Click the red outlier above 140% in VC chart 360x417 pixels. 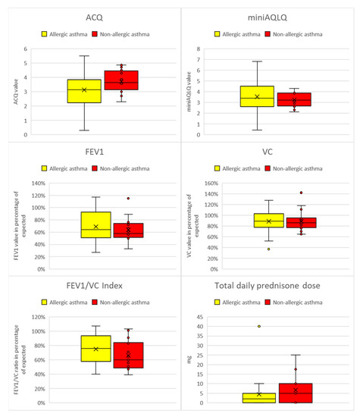pyautogui.click(x=301, y=193)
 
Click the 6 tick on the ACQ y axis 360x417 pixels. pyautogui.click(x=26, y=49)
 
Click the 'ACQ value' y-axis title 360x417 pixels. pyautogui.click(x=11, y=92)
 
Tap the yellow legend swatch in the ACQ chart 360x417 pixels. pyautogui.click(x=45, y=34)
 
